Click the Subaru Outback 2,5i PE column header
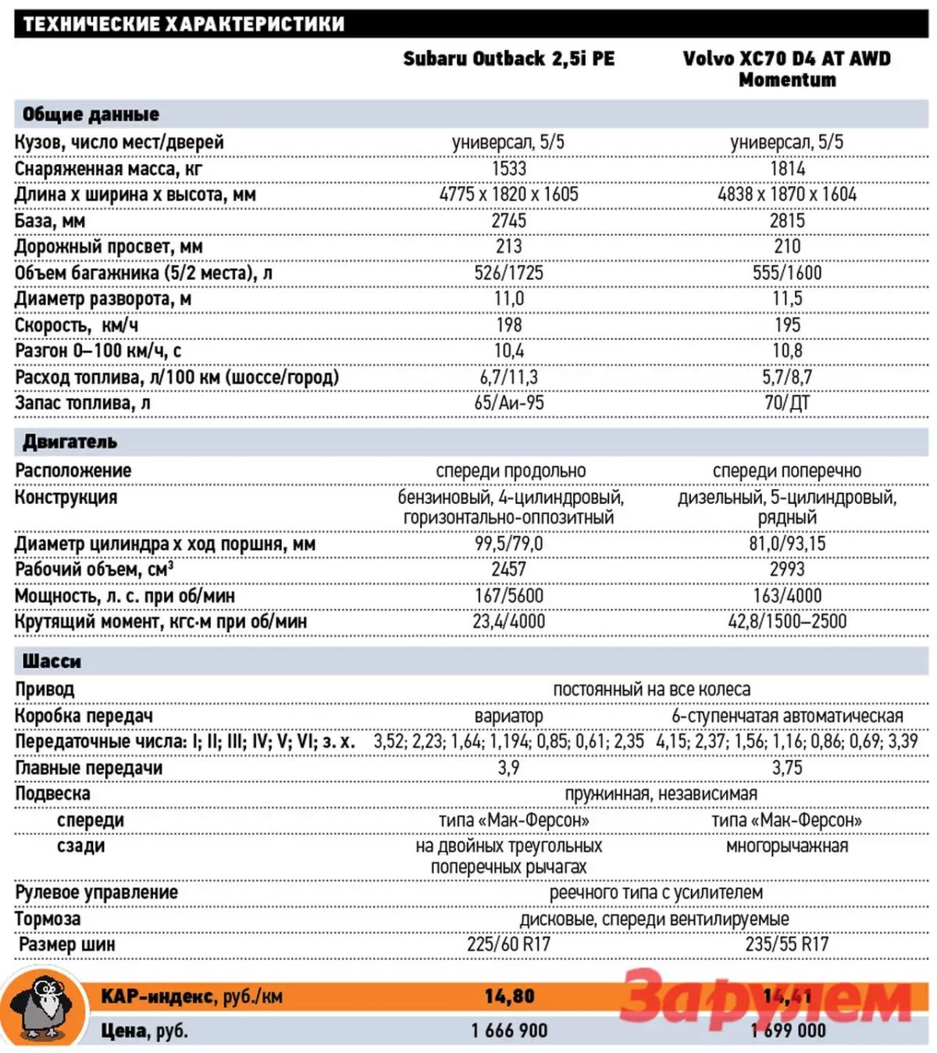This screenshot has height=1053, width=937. click(x=508, y=59)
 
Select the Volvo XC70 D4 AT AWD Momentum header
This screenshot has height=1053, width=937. click(x=786, y=69)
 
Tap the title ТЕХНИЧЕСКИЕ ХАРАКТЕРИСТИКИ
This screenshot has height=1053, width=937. click(x=184, y=24)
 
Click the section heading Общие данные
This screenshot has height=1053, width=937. click(x=91, y=114)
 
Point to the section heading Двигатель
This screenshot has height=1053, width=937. click(x=69, y=442)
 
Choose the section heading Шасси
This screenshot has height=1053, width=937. click(x=52, y=662)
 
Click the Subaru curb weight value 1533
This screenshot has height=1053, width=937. click(x=508, y=168)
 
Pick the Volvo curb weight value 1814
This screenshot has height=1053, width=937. click(x=787, y=168)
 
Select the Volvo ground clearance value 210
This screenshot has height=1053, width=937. click(x=787, y=247)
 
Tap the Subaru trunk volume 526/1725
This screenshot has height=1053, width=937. click(x=508, y=273)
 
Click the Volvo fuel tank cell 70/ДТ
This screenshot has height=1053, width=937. click(x=787, y=403)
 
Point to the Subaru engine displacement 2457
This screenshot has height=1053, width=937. click(x=508, y=569)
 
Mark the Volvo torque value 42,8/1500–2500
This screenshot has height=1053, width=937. click(x=787, y=622)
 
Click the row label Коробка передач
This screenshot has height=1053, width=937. click(x=84, y=716)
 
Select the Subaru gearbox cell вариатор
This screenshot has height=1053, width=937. click(x=508, y=716)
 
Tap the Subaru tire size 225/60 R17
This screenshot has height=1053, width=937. click(x=508, y=944)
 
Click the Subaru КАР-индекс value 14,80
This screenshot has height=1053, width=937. click(x=509, y=996)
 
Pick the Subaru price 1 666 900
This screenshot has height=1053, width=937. click(x=509, y=1030)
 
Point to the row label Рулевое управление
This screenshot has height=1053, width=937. click(x=96, y=893)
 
